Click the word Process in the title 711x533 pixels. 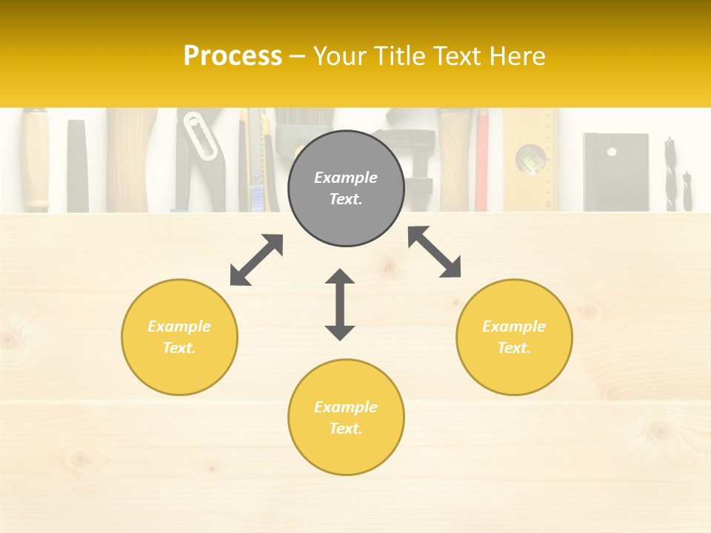233,56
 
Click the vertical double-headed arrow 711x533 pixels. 340,304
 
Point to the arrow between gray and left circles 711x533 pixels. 256,260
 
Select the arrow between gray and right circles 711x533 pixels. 434,252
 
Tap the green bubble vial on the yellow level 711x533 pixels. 532,157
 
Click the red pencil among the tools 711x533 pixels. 482,159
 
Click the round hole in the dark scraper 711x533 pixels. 611,152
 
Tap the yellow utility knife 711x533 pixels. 256,159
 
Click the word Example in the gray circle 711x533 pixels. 346,178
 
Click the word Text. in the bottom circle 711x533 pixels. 346,429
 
